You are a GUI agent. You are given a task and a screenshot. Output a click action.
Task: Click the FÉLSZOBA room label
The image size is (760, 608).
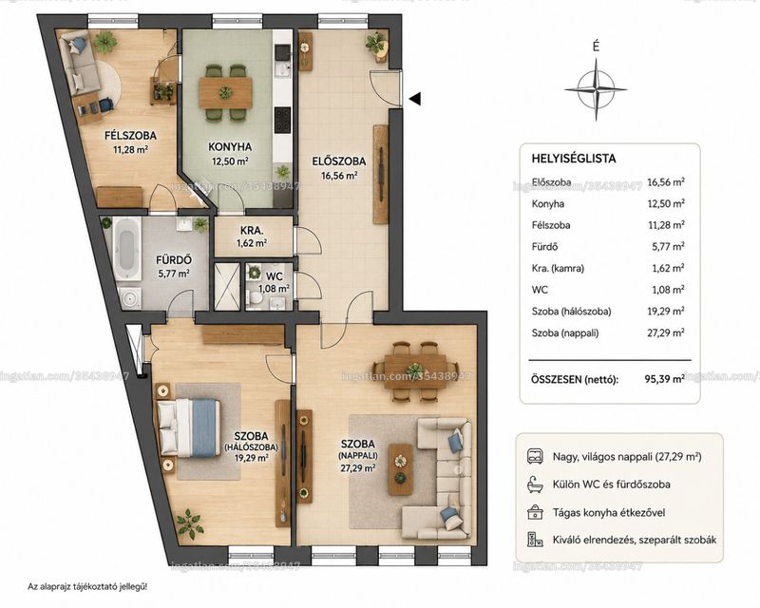pyautogui.click(x=130, y=136)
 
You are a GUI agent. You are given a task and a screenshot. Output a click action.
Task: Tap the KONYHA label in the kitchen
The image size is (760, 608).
pyautogui.click(x=230, y=147)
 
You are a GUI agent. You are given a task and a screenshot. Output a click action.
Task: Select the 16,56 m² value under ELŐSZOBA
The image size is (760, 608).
pyautogui.click(x=339, y=176)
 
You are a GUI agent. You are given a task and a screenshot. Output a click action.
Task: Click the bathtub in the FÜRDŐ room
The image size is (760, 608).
pyautogui.click(x=127, y=249)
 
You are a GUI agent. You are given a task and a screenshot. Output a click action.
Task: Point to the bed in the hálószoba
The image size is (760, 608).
pyautogui.click(x=187, y=427)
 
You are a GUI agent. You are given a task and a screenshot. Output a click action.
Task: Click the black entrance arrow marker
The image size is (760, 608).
pyautogui.click(x=414, y=99)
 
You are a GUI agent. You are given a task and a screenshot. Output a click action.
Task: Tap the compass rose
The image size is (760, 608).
pyautogui.click(x=597, y=89)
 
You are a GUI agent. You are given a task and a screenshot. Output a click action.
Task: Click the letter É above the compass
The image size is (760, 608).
pyautogui.click(x=597, y=47)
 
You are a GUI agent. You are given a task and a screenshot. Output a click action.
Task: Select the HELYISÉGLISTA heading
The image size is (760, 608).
pyautogui.click(x=574, y=159)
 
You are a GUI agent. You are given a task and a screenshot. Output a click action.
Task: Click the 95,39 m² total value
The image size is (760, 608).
pyautogui.click(x=664, y=379)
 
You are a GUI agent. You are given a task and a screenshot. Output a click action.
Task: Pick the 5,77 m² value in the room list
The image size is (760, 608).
pyautogui.click(x=668, y=246)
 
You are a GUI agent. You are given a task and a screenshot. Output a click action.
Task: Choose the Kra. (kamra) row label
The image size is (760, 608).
pyautogui.click(x=558, y=268)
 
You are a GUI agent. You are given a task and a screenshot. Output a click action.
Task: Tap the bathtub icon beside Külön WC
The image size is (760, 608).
pyautogui.click(x=535, y=484)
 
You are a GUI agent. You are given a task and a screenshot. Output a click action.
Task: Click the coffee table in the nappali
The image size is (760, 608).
pyautogui.click(x=400, y=469)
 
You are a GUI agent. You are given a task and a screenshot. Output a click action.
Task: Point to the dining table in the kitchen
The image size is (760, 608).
pyautogui.click(x=225, y=92)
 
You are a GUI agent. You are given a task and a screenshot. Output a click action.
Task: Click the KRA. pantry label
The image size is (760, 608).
pyautogui.click(x=252, y=230)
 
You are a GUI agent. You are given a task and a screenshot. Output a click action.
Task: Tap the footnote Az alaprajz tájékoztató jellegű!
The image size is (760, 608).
pyautogui.click(x=87, y=587)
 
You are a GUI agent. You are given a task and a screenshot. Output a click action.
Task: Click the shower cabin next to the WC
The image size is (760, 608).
pyautogui.click(x=227, y=287)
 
